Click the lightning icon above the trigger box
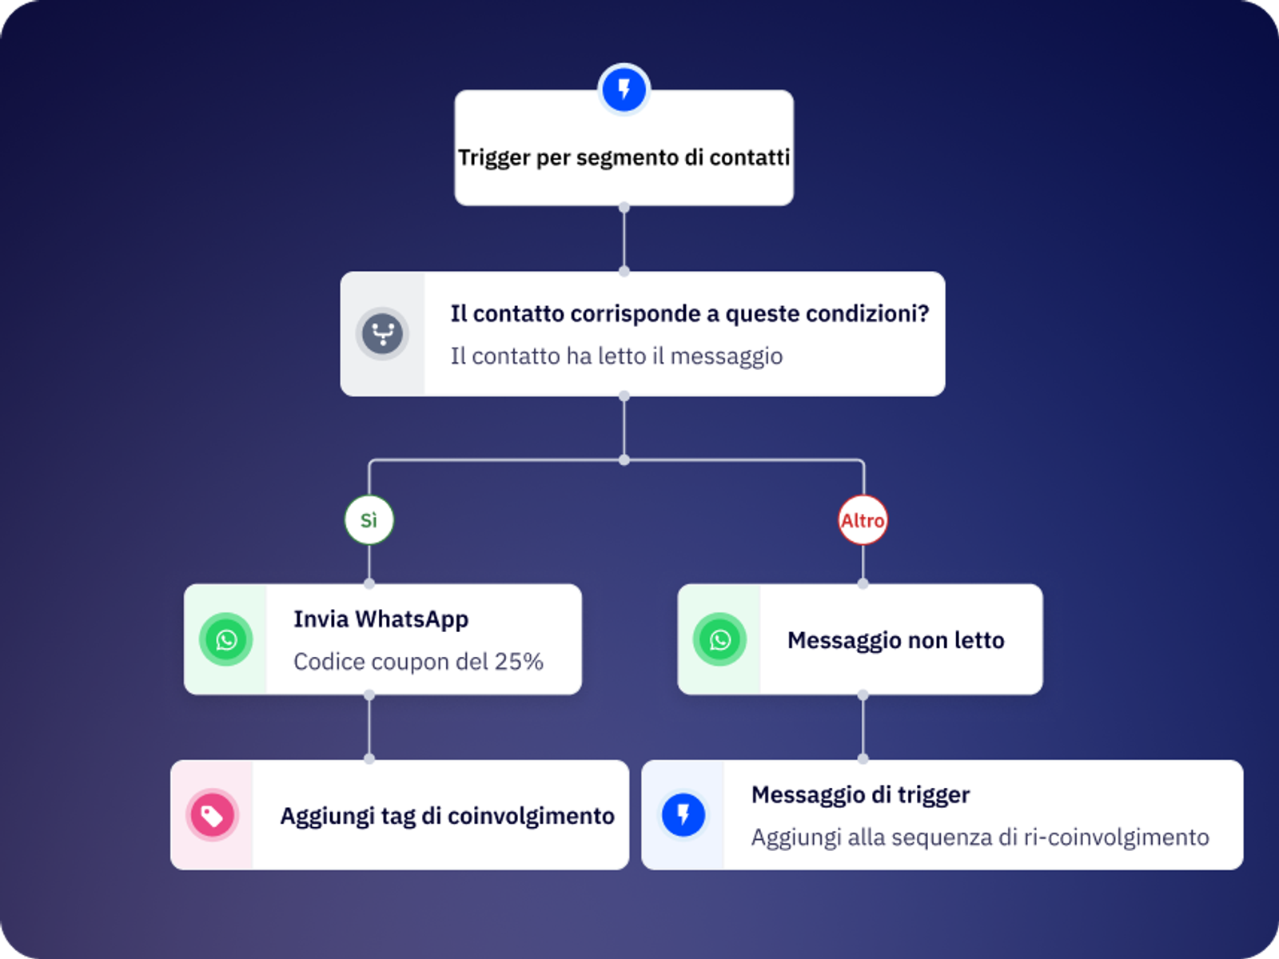pos(624,89)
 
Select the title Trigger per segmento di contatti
pos(624,157)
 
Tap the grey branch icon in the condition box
pos(382,333)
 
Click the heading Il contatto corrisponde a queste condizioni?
pos(689,313)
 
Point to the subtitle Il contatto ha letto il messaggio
pos(616,356)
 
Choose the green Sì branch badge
pos(369,520)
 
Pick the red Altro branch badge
pos(863,520)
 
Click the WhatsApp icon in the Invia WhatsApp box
pos(226,639)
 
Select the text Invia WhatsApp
pos(381,619)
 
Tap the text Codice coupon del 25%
pos(418,662)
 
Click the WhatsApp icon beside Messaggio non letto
pos(719,639)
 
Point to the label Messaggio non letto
pos(895,640)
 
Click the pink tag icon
pos(212,815)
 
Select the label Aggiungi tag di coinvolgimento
pos(447,816)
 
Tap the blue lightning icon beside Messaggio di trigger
pos(683,815)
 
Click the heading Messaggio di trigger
pos(860,794)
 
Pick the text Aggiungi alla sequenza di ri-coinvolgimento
pos(979,838)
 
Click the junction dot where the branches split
pos(624,460)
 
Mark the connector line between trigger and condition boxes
pos(624,239)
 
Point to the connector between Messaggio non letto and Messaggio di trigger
pos(863,727)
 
